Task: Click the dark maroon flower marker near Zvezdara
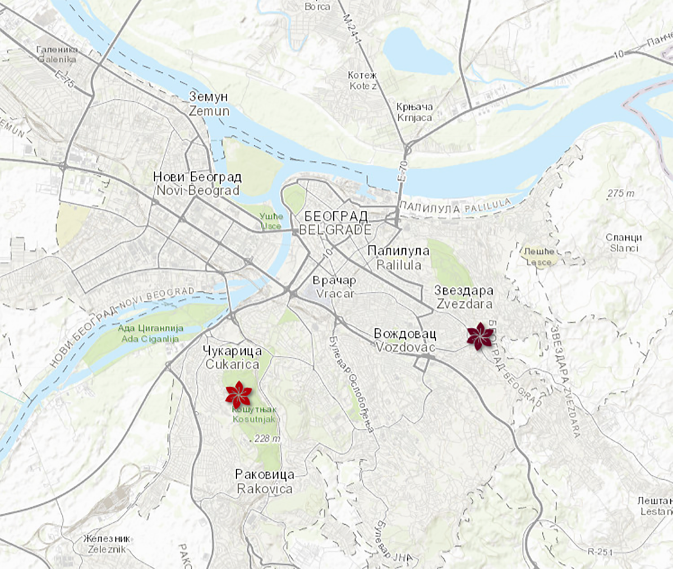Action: [x=480, y=336]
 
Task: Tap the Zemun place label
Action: [x=209, y=104]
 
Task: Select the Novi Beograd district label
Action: [x=197, y=183]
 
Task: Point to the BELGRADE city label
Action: [x=335, y=223]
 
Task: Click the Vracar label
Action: [x=335, y=286]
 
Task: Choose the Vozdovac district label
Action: [x=405, y=341]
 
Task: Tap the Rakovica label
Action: [x=265, y=481]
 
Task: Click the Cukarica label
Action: [x=233, y=358]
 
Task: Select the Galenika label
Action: [x=56, y=54]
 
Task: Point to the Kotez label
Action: [x=363, y=81]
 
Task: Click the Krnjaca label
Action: [x=414, y=112]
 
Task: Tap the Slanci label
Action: [x=624, y=242]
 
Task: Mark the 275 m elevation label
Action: [x=621, y=194]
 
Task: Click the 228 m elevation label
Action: [x=266, y=439]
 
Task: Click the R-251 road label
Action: [x=600, y=552]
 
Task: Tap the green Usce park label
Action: [x=271, y=221]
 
